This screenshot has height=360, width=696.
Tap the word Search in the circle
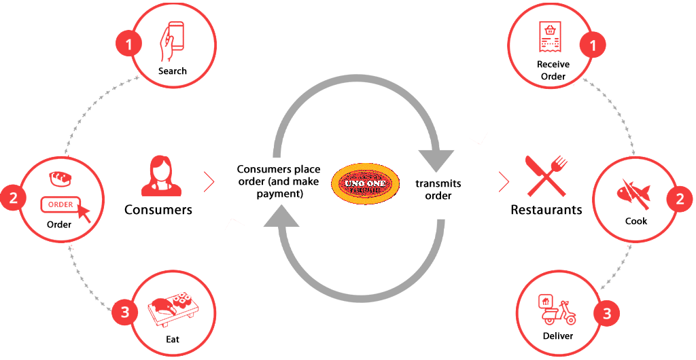coord(172,71)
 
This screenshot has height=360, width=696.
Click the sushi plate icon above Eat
coord(173,308)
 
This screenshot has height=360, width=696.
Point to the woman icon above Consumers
coord(158,176)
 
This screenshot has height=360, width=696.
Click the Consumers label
coord(158,209)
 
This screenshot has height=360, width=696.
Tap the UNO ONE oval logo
coord(365,184)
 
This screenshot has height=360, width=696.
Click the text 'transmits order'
coord(438,190)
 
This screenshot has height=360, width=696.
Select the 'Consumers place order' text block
coord(279,181)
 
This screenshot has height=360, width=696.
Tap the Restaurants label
coord(546,209)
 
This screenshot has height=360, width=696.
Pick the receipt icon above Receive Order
coord(551,38)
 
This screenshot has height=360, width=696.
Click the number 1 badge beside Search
coord(129,46)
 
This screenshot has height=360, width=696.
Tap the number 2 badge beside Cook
coord(679,200)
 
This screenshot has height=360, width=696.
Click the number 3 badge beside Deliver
coord(606,314)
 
